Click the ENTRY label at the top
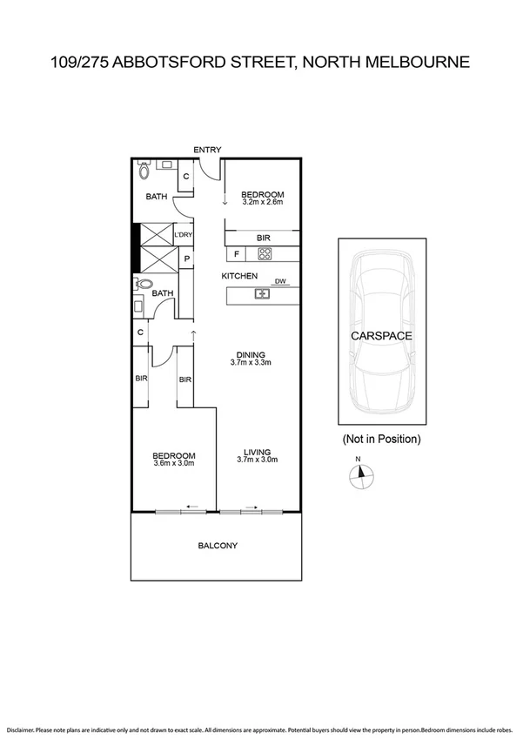(x=208, y=150)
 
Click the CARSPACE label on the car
(x=381, y=335)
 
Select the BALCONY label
(x=218, y=546)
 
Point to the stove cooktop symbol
(x=265, y=254)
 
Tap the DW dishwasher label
(x=280, y=281)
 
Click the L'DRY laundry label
(x=183, y=235)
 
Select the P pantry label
(x=185, y=259)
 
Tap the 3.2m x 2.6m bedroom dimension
(x=264, y=203)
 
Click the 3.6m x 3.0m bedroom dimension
(x=174, y=463)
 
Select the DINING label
(x=251, y=354)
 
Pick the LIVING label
(x=257, y=451)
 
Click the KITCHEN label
(x=239, y=276)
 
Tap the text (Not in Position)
(x=381, y=439)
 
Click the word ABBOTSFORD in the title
(x=178, y=62)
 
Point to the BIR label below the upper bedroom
(x=264, y=237)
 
